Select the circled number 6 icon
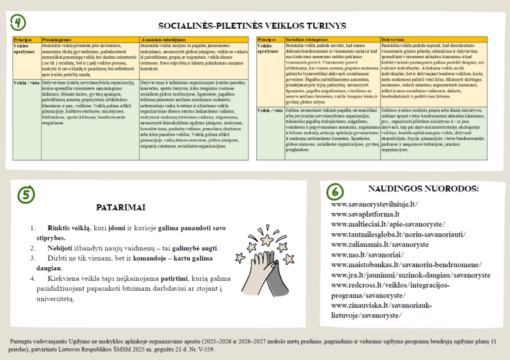(334, 191)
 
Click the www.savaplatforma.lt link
(365, 214)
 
